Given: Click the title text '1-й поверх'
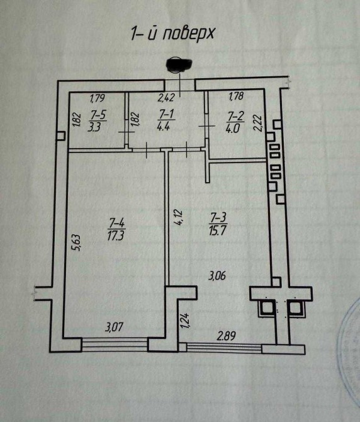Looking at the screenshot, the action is (x=172, y=34).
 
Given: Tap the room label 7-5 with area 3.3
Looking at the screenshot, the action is (x=98, y=121).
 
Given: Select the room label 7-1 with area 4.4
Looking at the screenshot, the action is (x=166, y=120).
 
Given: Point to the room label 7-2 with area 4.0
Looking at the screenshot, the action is (x=235, y=122).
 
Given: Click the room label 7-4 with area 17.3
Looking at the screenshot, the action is (x=116, y=229).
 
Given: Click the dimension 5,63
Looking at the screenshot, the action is (x=76, y=243).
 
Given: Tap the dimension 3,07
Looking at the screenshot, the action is (x=115, y=328).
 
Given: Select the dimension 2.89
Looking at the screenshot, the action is (x=227, y=336).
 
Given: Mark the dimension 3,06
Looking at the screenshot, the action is (x=217, y=276).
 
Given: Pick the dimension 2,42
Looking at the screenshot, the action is (x=166, y=97).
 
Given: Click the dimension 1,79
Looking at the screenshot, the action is (x=97, y=98).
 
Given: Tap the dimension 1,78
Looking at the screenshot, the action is (x=236, y=96).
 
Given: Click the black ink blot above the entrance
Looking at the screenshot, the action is (x=179, y=65).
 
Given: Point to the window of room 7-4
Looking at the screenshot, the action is (x=115, y=345).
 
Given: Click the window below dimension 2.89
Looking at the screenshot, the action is (x=224, y=348).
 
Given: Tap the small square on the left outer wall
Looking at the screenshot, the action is (x=61, y=135).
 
